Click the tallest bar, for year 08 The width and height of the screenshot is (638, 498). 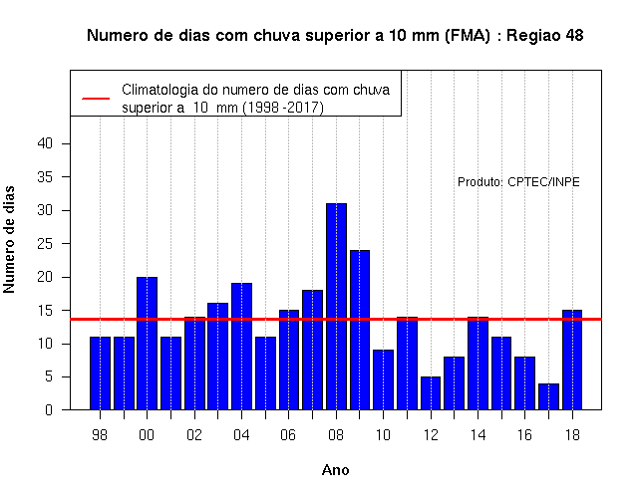(x=337, y=307)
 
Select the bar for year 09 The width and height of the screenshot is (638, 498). (x=360, y=330)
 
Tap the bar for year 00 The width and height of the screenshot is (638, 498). (x=147, y=343)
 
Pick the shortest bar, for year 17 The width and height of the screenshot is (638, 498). (x=548, y=396)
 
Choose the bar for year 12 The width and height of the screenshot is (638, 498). (x=431, y=393)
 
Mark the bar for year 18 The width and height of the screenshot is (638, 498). (x=572, y=360)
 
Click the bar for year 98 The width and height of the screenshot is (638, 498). (x=100, y=373)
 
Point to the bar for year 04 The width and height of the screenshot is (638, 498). (x=241, y=347)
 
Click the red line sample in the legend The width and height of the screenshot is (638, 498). (x=96, y=99)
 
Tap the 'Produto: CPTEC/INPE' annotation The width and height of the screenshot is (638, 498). (x=518, y=181)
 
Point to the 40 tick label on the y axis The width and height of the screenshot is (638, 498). (x=45, y=143)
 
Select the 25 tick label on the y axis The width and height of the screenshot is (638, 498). (x=45, y=244)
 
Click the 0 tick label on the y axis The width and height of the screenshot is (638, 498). (x=49, y=409)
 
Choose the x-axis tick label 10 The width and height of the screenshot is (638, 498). (x=383, y=435)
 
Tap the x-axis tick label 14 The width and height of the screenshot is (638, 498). (x=478, y=435)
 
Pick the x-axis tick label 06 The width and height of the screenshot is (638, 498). (x=288, y=435)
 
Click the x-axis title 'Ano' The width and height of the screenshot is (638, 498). (x=335, y=470)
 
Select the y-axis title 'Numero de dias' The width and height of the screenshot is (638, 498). (x=9, y=239)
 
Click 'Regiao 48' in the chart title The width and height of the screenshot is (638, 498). (x=545, y=36)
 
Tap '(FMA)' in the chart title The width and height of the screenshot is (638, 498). (x=468, y=36)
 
